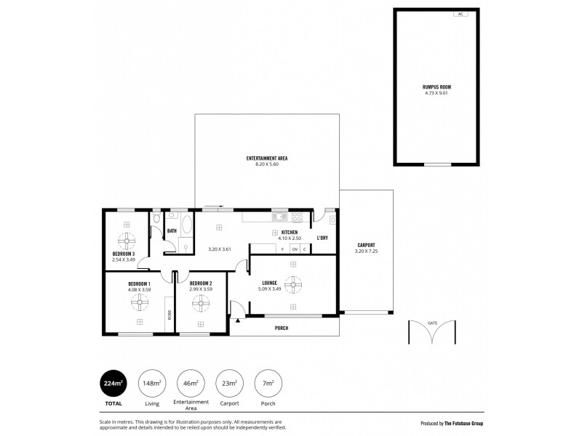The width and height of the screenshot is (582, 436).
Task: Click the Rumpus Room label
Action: (436, 86)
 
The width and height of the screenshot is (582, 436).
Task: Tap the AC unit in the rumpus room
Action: (460, 14)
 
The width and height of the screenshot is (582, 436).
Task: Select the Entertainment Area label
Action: (267, 158)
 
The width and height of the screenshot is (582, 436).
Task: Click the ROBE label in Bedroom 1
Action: (170, 315)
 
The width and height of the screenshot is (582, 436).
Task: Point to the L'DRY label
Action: (322, 238)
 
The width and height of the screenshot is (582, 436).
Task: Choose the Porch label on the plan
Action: (282, 328)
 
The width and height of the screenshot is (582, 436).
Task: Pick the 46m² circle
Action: (190, 383)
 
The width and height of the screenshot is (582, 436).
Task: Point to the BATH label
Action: (172, 231)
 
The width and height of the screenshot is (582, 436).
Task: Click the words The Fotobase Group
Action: (464, 423)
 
